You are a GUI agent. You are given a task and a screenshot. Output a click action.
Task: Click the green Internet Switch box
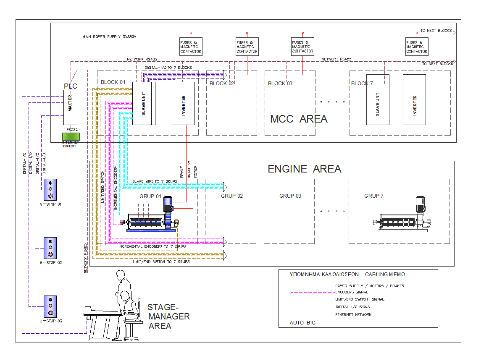(71, 136)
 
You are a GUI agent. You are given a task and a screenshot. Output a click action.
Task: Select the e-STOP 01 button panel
(50, 190)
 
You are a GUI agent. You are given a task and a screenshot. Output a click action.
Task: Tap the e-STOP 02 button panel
(50, 249)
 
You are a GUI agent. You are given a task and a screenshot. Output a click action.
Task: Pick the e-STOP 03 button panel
(50, 307)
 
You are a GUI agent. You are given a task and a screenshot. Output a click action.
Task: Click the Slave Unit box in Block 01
(144, 103)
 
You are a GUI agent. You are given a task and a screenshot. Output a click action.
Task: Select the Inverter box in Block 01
(183, 103)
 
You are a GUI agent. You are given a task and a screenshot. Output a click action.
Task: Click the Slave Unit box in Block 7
(378, 99)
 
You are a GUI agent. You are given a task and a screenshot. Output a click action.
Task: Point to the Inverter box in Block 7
(414, 99)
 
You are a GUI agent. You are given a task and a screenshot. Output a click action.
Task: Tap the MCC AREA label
(298, 119)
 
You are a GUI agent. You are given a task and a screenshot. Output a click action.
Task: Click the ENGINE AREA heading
(305, 169)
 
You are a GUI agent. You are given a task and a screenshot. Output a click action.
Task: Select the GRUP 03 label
(290, 196)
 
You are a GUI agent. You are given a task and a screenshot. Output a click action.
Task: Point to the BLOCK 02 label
(221, 83)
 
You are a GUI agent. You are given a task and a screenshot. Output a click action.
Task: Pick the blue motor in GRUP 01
(168, 204)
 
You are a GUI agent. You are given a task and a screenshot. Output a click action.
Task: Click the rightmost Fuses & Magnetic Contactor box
(416, 47)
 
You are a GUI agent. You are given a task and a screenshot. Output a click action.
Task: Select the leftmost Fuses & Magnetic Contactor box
(191, 47)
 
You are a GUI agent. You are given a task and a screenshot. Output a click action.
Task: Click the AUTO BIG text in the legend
(302, 323)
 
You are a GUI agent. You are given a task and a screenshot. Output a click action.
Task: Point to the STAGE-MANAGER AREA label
(168, 317)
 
